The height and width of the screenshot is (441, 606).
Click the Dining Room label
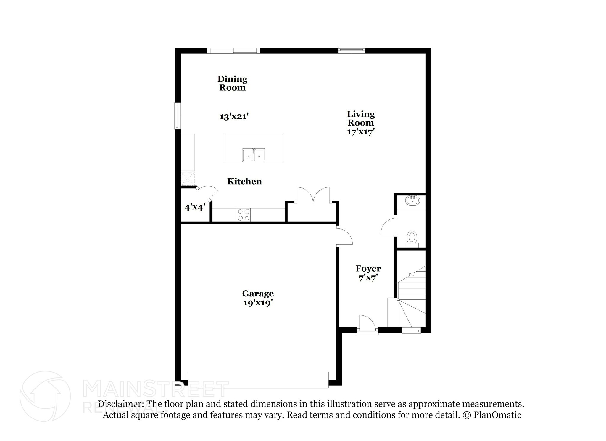[x=232, y=83]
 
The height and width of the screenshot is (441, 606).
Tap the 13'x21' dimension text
[x=233, y=116]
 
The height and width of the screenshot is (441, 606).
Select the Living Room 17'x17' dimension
[x=361, y=132]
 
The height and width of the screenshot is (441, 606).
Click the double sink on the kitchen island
[x=254, y=155]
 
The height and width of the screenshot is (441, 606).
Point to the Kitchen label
[x=244, y=181]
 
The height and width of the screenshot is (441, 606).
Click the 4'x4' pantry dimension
[x=195, y=207]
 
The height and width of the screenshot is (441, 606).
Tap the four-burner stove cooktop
[x=244, y=215]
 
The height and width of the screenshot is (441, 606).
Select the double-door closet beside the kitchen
[x=313, y=204]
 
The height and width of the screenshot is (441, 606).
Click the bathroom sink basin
[x=412, y=201]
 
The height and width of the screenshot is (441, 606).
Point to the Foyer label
[x=368, y=269]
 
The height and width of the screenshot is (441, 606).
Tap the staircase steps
[x=411, y=296]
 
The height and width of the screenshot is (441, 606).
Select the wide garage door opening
[x=258, y=380]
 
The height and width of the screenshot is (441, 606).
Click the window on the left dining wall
[x=178, y=116]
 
